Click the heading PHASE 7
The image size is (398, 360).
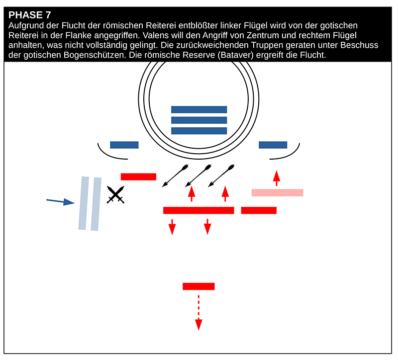30,15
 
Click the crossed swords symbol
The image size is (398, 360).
115,195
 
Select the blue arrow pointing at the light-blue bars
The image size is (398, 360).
60,201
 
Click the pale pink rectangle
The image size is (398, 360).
277,192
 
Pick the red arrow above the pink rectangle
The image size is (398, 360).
277,178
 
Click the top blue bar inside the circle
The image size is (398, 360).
199,109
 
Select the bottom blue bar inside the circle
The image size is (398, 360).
199,131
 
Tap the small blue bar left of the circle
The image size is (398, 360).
124,145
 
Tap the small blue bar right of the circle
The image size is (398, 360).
273,145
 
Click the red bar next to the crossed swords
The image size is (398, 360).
138,177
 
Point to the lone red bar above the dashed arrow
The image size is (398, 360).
199,286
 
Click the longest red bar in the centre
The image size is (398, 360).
199,210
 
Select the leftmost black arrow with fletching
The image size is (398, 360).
175,176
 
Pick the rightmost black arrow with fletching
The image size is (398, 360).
221,176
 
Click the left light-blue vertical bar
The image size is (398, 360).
84,203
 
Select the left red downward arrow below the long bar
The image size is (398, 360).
172,226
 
